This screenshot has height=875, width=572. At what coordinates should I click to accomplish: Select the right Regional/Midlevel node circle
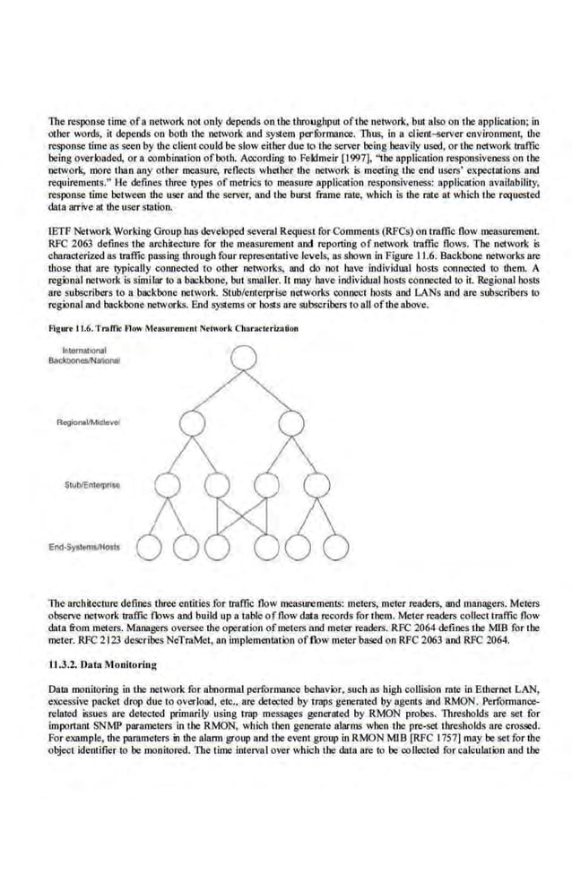coord(289,422)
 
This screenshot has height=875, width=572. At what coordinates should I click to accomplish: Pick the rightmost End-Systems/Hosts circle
coord(335,545)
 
